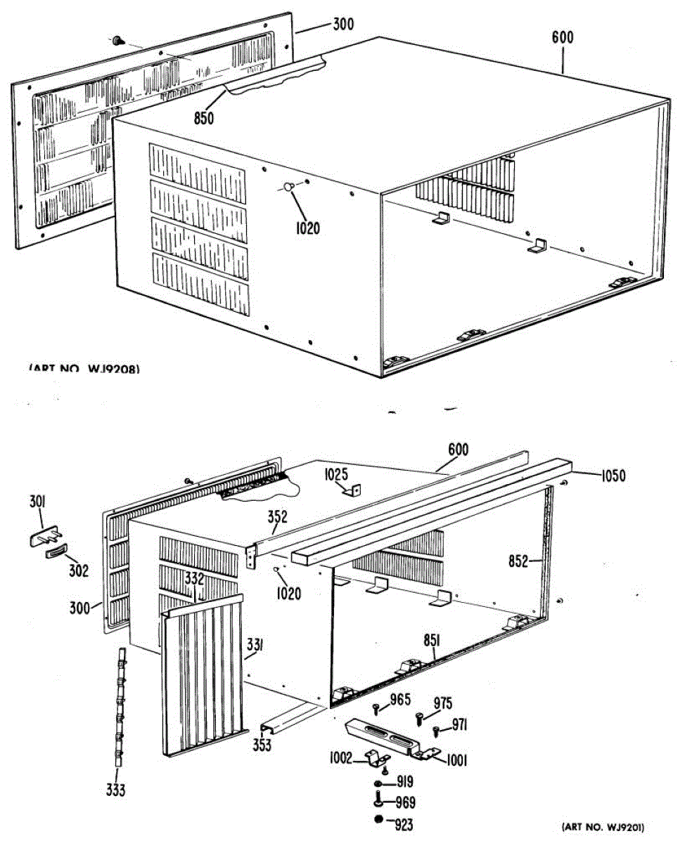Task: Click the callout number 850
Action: click(204, 118)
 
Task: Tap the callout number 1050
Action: click(612, 476)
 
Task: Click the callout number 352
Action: click(277, 518)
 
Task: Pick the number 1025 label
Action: click(337, 476)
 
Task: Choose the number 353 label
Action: click(262, 745)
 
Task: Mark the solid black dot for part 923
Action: click(379, 820)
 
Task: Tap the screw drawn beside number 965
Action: click(376, 708)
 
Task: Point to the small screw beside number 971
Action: click(436, 730)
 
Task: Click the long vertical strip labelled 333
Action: click(120, 710)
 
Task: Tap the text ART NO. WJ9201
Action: click(603, 827)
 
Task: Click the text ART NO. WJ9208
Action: click(84, 367)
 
